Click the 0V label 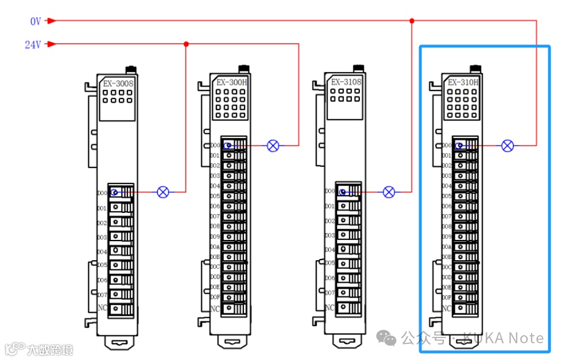(x=36, y=21)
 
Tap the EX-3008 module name (x=118, y=84)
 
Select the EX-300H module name (x=231, y=82)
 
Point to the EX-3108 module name (x=345, y=82)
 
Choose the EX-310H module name (x=463, y=82)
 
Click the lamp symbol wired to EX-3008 (x=163, y=192)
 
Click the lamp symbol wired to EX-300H (x=273, y=146)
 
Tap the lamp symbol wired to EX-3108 (x=389, y=192)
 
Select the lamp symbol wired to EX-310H (x=507, y=145)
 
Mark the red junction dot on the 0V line (x=412, y=21)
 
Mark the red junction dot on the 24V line (x=186, y=44)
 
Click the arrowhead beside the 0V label (x=51, y=21)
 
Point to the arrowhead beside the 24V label (x=51, y=44)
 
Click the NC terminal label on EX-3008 (x=102, y=309)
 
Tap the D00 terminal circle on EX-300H (x=228, y=146)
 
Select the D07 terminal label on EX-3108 (x=329, y=292)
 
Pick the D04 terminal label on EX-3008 (x=102, y=252)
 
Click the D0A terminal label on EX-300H (x=214, y=246)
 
